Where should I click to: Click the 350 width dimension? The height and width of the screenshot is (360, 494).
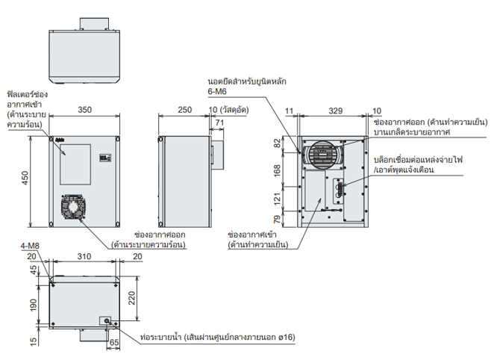click(85, 110)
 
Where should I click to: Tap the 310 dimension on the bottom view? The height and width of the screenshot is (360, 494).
click(84, 256)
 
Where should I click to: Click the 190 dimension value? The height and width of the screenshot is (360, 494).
click(33, 305)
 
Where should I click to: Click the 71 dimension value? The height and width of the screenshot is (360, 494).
click(219, 122)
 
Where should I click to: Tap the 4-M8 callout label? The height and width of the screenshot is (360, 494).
click(31, 246)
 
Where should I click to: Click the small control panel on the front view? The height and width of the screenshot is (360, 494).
click(104, 158)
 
